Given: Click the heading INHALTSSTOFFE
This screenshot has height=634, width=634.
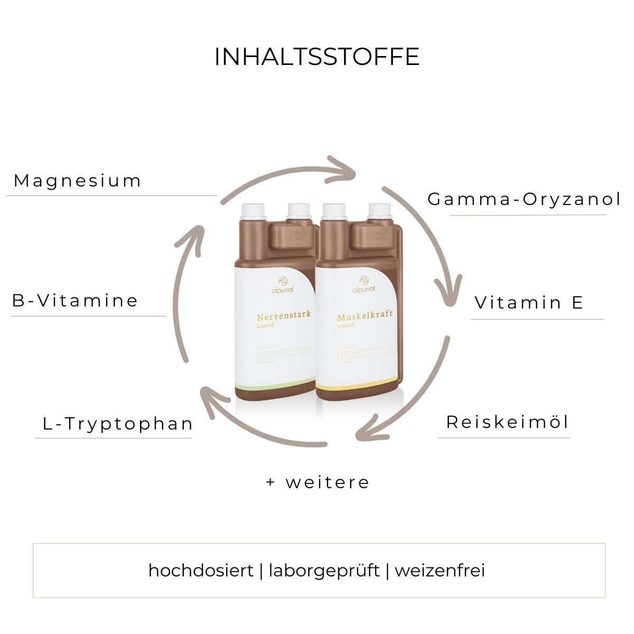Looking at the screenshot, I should point(316,57).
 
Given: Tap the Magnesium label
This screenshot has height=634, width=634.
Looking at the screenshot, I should point(78,181).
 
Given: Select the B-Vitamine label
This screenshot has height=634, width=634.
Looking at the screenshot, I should point(75,301).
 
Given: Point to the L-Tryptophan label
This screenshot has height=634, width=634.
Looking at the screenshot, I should point(117,423).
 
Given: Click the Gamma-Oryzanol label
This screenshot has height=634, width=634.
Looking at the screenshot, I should point(524,199).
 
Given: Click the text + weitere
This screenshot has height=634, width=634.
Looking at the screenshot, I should point(318,482).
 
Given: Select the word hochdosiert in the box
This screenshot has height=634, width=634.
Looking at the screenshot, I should point(201,571).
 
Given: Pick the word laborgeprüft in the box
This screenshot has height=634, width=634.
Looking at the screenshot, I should point(324,571).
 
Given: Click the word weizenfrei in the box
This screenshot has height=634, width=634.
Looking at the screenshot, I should point(440,571).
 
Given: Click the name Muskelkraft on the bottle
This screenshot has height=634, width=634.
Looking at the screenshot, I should point(365,318).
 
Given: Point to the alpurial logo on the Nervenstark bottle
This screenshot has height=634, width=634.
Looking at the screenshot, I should point(273,287).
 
